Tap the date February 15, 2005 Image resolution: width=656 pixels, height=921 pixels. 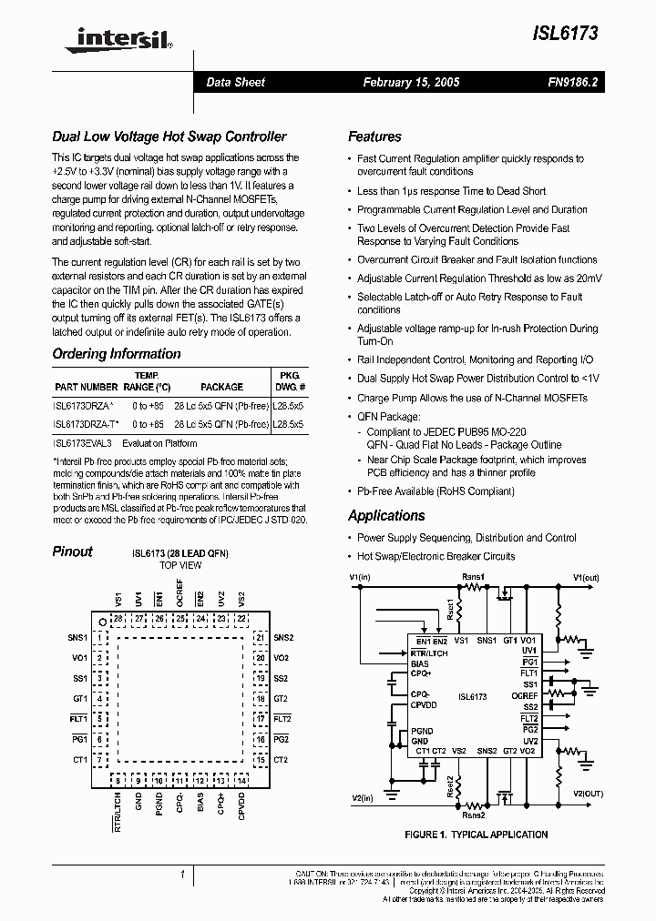click(x=411, y=82)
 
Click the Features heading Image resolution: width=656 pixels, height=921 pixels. click(x=374, y=137)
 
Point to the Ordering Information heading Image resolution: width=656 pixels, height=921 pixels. click(x=117, y=354)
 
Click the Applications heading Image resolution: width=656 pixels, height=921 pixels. click(x=386, y=516)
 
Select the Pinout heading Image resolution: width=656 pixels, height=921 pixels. click(x=72, y=551)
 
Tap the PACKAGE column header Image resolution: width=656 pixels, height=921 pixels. click(x=221, y=387)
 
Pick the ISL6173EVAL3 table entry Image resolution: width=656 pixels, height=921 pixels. click(x=82, y=443)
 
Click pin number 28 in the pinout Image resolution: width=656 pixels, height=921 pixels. click(x=118, y=619)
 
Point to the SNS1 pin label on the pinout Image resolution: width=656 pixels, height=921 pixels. click(x=77, y=638)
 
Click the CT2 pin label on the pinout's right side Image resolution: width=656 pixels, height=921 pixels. click(x=281, y=760)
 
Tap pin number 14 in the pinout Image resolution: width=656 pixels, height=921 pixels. click(x=241, y=781)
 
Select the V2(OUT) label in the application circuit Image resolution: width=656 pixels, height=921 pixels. click(x=588, y=793)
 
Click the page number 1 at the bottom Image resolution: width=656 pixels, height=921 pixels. click(x=183, y=875)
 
